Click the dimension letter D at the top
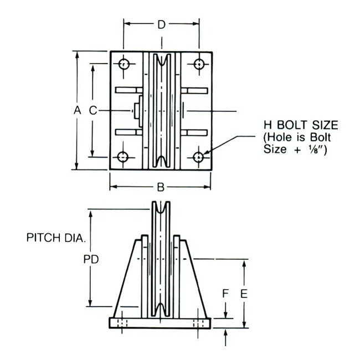(x=161, y=24)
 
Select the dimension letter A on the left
(x=78, y=110)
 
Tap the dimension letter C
(x=94, y=110)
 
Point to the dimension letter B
(x=161, y=187)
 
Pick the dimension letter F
(x=225, y=293)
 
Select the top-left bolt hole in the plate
(x=124, y=64)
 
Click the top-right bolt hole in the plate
(x=198, y=64)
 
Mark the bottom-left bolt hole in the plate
(x=124, y=157)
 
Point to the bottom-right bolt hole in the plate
(x=198, y=157)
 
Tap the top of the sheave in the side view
(x=161, y=205)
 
